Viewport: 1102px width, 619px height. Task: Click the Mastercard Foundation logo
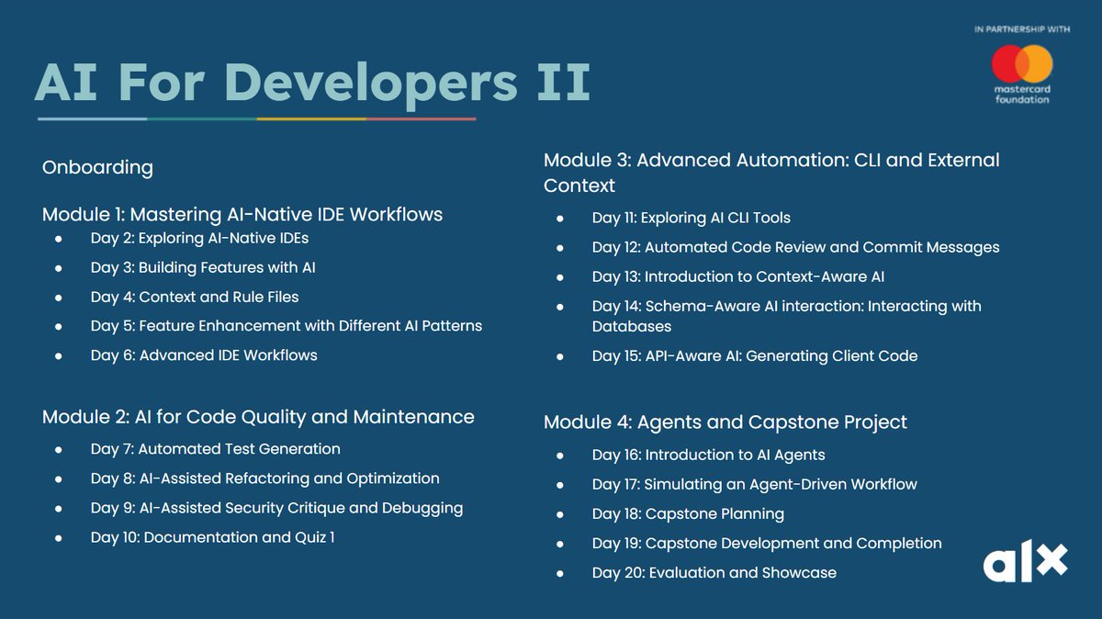(1022, 73)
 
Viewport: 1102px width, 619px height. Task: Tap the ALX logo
(1025, 562)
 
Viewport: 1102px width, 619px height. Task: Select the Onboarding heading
(97, 167)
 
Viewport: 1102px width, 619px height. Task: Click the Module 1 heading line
(242, 214)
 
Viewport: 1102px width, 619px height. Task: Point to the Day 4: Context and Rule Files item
(195, 297)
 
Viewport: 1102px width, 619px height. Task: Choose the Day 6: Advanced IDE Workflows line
(204, 355)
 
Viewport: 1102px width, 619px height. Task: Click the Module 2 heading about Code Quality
(258, 417)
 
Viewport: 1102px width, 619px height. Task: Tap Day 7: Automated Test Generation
(215, 449)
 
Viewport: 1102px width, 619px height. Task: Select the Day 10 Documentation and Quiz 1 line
(212, 537)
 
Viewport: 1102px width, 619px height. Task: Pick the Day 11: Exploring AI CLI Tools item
(691, 218)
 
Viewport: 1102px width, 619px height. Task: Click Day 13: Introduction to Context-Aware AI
(737, 276)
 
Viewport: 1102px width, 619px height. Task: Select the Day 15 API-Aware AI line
(754, 355)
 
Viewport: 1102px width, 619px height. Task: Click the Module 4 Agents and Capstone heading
(725, 422)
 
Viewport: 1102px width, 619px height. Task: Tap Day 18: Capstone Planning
(688, 513)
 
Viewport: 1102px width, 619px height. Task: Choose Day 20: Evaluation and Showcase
(714, 572)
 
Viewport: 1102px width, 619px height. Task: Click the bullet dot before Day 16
(561, 456)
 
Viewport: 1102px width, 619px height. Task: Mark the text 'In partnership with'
(1022, 30)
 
